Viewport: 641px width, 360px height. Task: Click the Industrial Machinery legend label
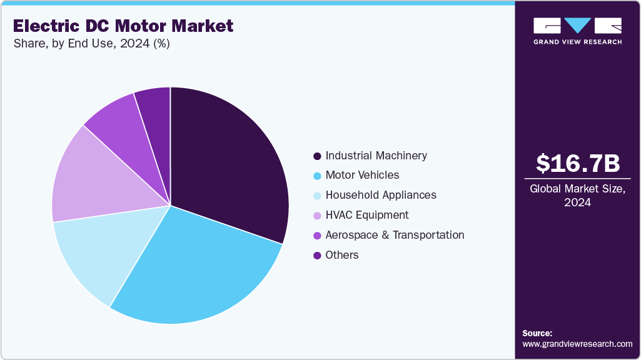pos(376,155)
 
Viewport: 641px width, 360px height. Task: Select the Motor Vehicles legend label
pos(362,175)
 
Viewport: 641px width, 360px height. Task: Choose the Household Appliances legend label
pos(381,195)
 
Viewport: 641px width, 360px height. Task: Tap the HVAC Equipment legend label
pos(366,215)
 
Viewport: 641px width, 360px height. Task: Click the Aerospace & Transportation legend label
pos(395,235)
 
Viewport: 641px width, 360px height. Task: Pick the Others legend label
pos(342,255)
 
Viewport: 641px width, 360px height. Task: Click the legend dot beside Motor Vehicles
pos(317,176)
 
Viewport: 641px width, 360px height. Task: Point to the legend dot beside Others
pos(317,256)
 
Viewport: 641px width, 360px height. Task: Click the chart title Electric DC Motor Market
pos(123,26)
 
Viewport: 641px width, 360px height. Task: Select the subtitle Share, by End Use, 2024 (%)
pos(91,44)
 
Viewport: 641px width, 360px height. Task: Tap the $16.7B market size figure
pos(577,164)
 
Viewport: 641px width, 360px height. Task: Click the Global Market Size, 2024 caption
pos(577,196)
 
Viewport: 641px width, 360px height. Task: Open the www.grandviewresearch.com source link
pos(577,344)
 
